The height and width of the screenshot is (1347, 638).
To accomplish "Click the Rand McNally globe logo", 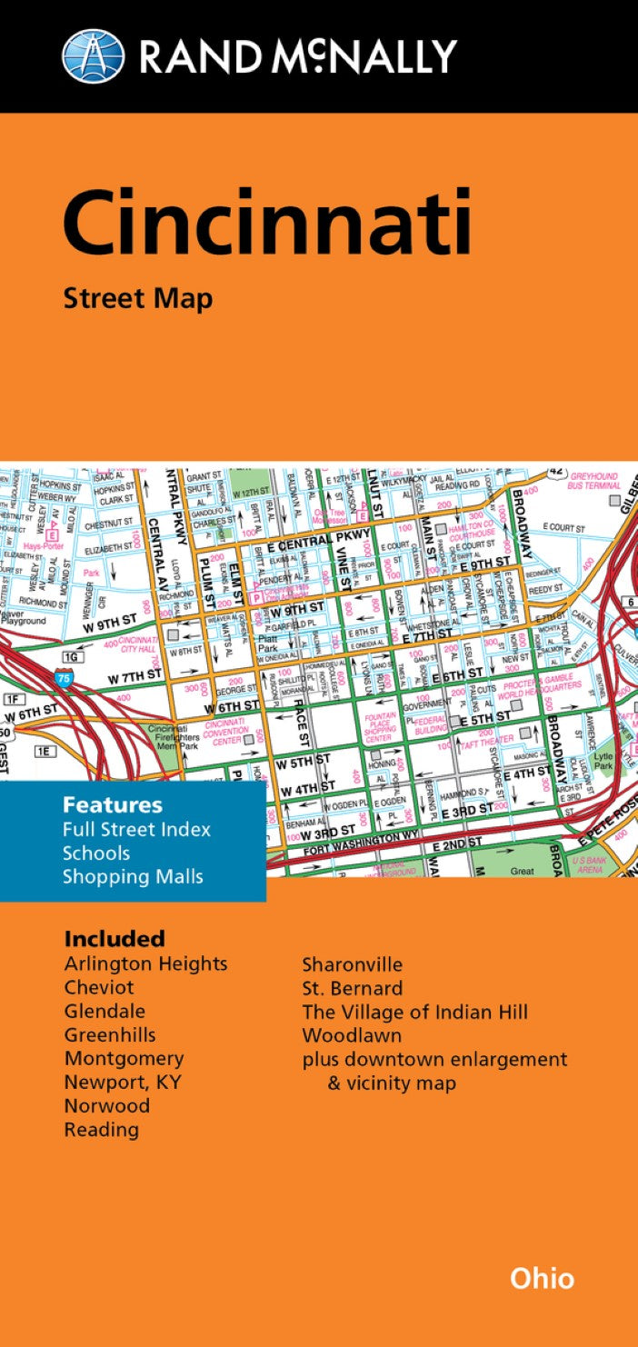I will (x=93, y=55).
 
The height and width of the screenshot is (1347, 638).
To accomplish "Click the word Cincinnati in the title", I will (x=267, y=222).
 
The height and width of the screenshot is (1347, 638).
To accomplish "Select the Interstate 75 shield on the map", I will (x=63, y=677).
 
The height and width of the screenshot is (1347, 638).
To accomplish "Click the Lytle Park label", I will (x=603, y=761).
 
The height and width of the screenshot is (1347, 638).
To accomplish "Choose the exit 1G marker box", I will (x=72, y=656).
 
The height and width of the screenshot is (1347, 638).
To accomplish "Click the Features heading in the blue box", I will (x=113, y=805).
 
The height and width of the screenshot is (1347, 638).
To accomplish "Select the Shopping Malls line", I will (x=133, y=876).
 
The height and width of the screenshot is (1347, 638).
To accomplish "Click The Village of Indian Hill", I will (x=414, y=1011).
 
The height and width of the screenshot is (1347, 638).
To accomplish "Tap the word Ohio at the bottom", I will (x=542, y=1278).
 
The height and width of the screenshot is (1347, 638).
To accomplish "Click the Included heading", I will (x=115, y=938).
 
